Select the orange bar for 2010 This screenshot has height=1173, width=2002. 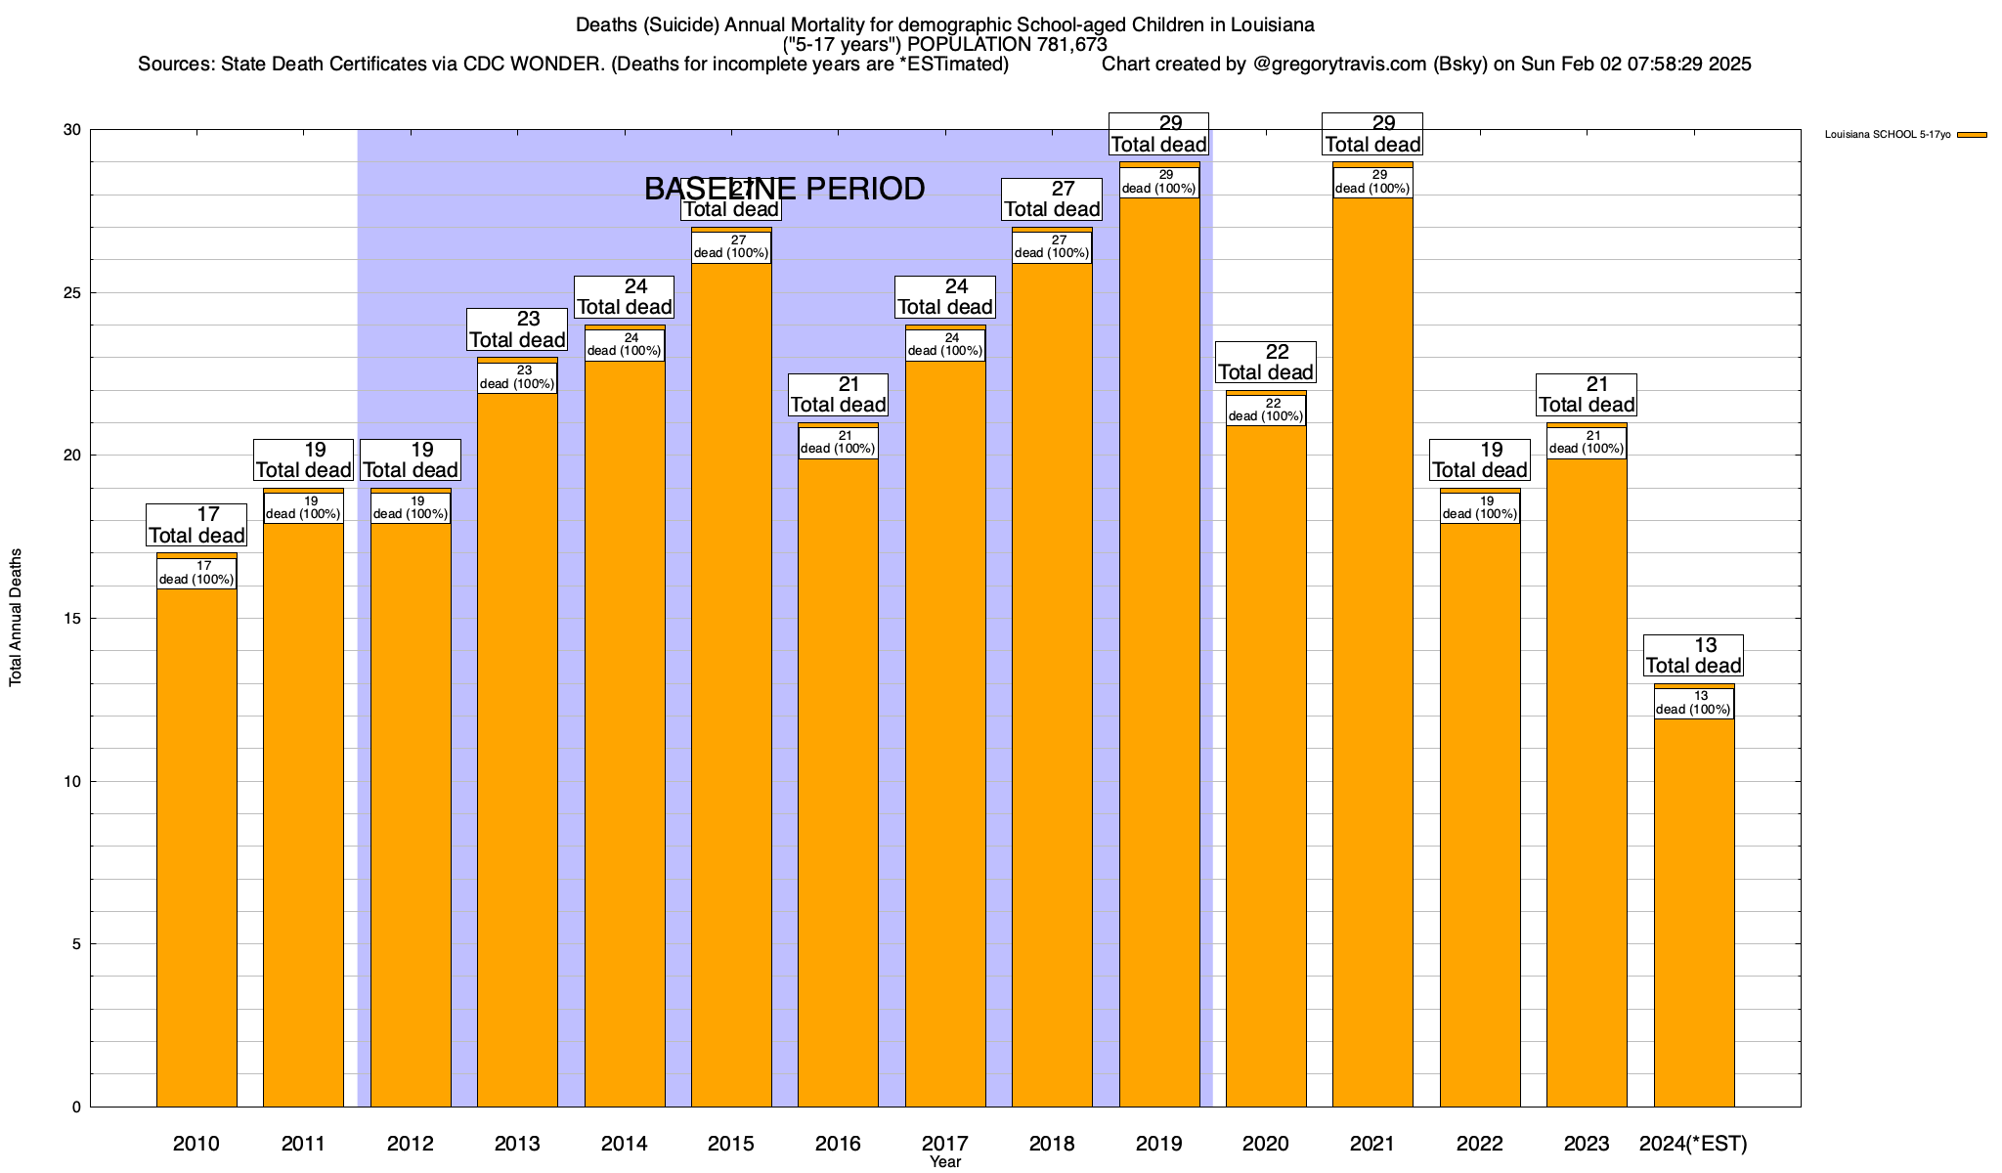pyautogui.click(x=196, y=850)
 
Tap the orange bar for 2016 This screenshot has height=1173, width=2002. pyautogui.click(x=838, y=782)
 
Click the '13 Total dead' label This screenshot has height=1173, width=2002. pyautogui.click(x=1693, y=656)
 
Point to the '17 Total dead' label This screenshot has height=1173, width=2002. pyautogui.click(x=196, y=525)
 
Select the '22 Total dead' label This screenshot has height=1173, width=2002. pyautogui.click(x=1266, y=363)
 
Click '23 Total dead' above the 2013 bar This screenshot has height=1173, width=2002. pyautogui.click(x=517, y=329)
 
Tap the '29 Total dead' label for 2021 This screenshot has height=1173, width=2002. pyautogui.click(x=1372, y=134)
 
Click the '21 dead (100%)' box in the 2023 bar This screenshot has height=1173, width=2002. pyautogui.click(x=1587, y=443)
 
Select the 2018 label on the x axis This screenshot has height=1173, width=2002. pyautogui.click(x=1052, y=1144)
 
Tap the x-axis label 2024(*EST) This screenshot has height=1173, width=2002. pyautogui.click(x=1693, y=1144)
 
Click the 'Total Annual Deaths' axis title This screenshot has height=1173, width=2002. pyautogui.click(x=17, y=617)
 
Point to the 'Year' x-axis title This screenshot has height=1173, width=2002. pyautogui.click(x=945, y=1162)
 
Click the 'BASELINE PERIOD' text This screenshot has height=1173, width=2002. pyautogui.click(x=784, y=189)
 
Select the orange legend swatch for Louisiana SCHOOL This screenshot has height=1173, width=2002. pyautogui.click(x=1972, y=135)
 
